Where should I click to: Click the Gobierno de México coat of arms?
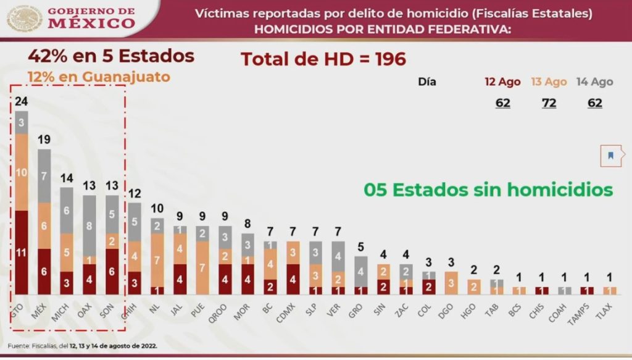(x=25, y=19)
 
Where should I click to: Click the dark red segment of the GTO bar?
(x=22, y=252)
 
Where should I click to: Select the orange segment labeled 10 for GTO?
(x=22, y=172)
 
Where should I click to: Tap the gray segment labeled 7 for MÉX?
(x=44, y=177)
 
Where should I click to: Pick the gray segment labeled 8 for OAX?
(x=89, y=225)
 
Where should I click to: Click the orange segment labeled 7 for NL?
(x=157, y=259)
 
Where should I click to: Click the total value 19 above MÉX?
(x=44, y=140)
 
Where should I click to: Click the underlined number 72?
(x=548, y=103)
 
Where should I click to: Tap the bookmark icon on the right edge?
(x=610, y=156)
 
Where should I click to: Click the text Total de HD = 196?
(x=323, y=59)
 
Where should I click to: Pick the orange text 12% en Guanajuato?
(x=98, y=78)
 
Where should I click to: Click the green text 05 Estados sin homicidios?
(x=488, y=190)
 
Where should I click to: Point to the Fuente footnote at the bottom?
(x=83, y=346)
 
